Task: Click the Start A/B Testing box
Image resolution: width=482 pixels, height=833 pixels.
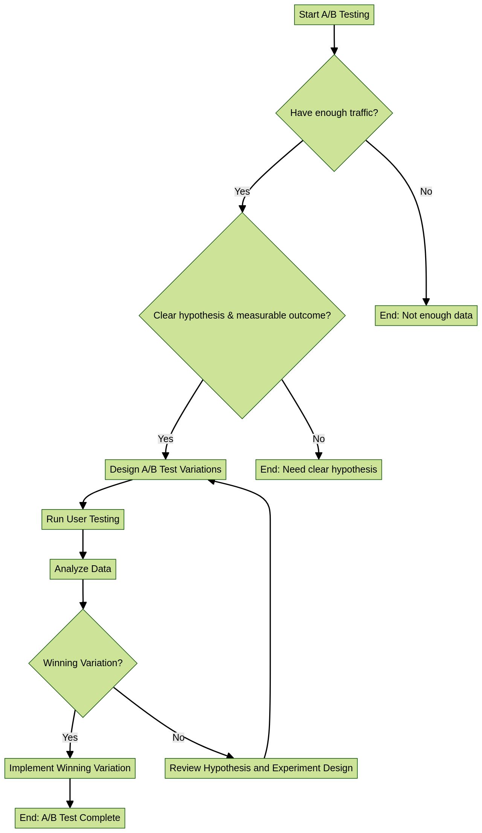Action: (334, 15)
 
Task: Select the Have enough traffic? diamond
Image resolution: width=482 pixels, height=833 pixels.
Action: (334, 113)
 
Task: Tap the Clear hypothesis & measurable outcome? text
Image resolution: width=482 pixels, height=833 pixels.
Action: (242, 316)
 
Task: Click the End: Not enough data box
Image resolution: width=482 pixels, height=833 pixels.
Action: (426, 316)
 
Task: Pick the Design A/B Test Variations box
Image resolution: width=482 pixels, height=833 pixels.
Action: (165, 470)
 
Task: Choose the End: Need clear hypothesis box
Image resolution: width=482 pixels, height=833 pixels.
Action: (319, 470)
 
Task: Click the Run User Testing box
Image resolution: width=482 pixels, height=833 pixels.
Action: (83, 519)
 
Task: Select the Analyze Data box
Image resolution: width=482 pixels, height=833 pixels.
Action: (83, 569)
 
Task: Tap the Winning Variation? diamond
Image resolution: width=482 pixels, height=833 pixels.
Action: (83, 663)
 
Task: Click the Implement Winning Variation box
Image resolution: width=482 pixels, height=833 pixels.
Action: (70, 768)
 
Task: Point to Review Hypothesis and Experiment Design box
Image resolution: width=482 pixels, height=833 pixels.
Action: (261, 768)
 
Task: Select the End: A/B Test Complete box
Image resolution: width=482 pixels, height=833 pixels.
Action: (70, 818)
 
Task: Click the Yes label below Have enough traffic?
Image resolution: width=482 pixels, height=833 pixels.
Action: (242, 192)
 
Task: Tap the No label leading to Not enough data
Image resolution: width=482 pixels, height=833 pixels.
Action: (426, 192)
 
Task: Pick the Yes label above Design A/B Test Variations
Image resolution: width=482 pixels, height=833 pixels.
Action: (165, 439)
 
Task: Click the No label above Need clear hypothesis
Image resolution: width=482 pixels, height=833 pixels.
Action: (319, 439)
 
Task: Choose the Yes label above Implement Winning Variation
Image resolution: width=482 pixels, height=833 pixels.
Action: (70, 737)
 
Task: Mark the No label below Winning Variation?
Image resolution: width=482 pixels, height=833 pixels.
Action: (178, 737)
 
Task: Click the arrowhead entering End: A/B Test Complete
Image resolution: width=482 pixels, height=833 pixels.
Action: (70, 804)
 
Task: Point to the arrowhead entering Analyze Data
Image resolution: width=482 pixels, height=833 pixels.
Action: (83, 555)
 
